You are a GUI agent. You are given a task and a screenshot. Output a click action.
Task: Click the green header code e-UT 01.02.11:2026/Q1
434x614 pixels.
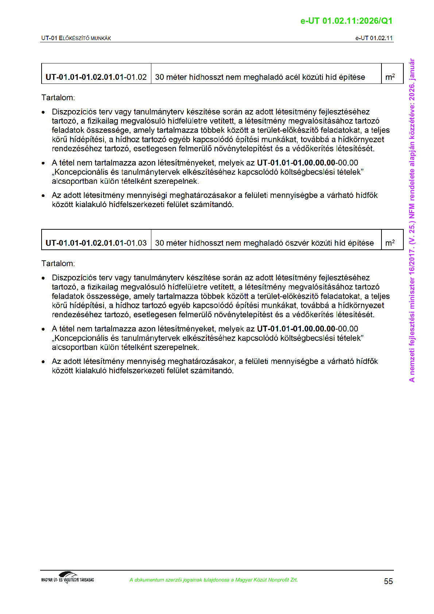coord(346,21)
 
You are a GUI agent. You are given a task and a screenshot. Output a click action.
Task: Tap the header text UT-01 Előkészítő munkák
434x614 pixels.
coord(76,38)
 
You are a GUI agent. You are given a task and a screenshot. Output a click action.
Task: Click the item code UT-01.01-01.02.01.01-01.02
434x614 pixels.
coord(96,77)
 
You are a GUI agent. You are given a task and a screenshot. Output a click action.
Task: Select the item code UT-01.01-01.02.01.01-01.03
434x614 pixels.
coord(96,243)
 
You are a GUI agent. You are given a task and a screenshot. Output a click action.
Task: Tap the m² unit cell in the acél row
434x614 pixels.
coord(390,77)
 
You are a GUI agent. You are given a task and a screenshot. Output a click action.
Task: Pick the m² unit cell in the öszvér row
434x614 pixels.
coord(390,243)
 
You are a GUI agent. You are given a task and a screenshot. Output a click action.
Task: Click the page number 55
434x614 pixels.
coord(388,581)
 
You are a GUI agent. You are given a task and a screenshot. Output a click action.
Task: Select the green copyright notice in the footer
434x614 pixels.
coord(213,580)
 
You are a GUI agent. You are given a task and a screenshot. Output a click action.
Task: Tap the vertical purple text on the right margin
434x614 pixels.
coord(412,220)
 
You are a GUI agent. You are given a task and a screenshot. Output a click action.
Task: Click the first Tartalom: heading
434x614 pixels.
coord(58,98)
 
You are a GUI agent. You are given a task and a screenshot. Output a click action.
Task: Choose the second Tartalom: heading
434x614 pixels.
coord(58,264)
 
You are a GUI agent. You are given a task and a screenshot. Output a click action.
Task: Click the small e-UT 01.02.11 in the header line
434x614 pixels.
coord(374,38)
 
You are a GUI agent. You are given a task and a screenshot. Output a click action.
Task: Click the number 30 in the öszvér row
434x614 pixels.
coord(159,243)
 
